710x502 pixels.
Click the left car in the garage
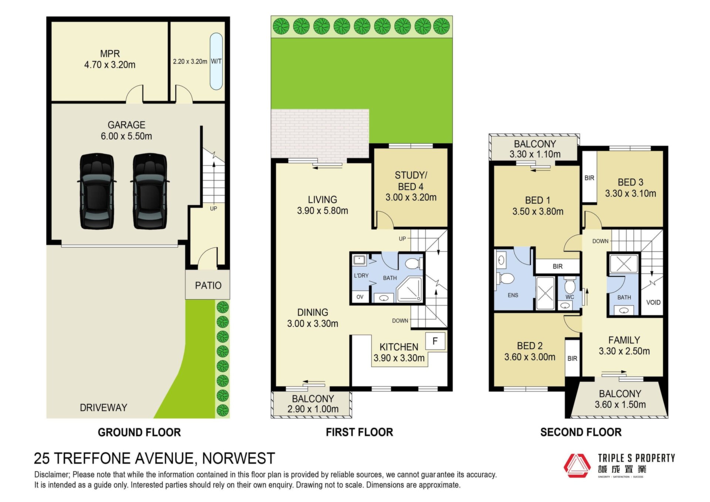point(97,191)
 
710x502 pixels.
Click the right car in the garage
point(150,191)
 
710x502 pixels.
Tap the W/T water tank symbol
point(216,61)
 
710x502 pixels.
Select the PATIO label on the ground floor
point(208,285)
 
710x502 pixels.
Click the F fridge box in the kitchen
point(435,341)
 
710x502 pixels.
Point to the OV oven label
point(360,297)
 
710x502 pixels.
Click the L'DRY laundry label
point(361,276)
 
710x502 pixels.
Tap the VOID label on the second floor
point(653,302)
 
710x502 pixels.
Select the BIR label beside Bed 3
point(589,178)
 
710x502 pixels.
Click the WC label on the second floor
point(570,297)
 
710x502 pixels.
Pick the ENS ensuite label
point(513,295)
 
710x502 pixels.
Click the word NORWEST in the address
point(239,458)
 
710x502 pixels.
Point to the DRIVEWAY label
point(104,408)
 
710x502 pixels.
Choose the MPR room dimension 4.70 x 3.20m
point(110,65)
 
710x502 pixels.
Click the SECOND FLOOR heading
point(581,432)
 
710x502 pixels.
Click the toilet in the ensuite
point(505,278)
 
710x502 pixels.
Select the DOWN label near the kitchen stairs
point(400,321)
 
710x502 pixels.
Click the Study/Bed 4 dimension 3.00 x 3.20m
point(411,198)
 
